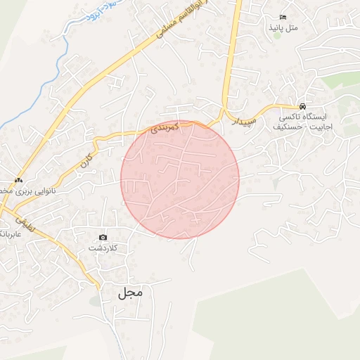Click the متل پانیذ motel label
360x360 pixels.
point(283,27)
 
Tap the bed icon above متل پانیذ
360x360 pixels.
point(283,17)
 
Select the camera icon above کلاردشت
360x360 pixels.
point(103,238)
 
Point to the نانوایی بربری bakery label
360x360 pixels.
point(28,191)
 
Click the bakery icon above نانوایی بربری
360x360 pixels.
point(18,179)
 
